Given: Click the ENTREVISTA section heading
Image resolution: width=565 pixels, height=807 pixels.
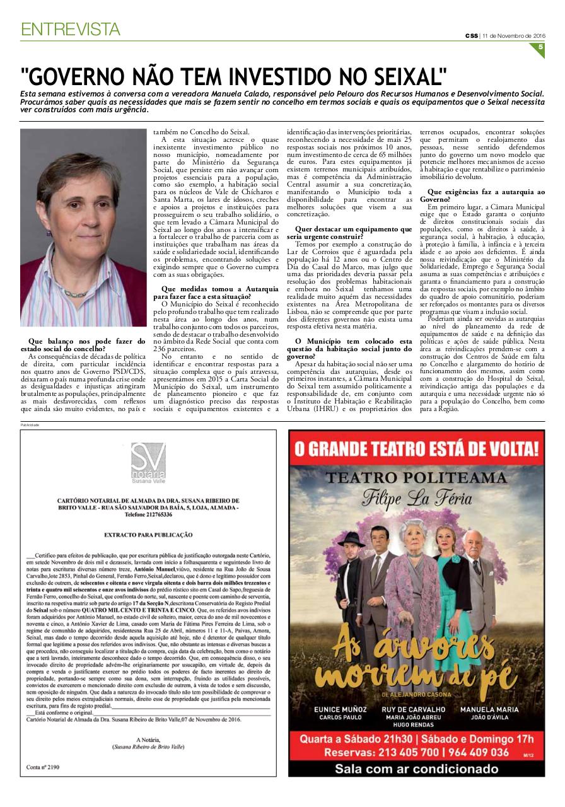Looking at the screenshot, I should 70,29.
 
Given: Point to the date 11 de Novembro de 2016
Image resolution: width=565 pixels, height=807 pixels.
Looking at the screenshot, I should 514,35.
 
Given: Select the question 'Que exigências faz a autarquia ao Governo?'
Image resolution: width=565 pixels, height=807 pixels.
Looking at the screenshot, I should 486,195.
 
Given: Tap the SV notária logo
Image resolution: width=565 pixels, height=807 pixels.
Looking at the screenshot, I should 148,460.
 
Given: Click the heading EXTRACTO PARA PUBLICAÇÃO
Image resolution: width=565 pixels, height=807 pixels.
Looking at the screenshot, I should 148,535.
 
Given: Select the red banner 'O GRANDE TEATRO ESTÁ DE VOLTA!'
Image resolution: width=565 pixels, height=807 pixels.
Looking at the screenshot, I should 416,449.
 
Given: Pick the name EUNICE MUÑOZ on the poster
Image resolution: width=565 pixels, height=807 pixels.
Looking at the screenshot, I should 340,709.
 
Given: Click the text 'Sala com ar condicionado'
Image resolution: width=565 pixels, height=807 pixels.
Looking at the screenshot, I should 416,769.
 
